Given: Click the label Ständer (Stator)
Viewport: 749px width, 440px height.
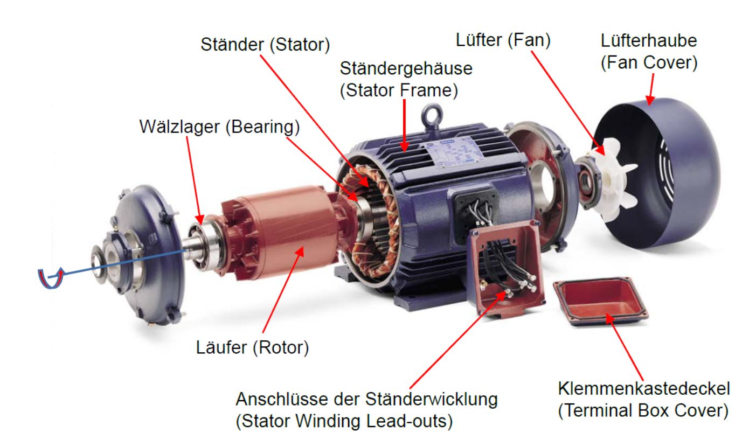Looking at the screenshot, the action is click(x=265, y=45).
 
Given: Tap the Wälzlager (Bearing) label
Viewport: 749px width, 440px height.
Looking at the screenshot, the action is click(x=219, y=127).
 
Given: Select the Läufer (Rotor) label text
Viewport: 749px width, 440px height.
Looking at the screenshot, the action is click(x=252, y=348).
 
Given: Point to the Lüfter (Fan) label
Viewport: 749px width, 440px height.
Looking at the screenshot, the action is click(x=503, y=40).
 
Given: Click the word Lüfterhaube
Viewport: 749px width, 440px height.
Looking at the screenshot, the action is click(x=649, y=41).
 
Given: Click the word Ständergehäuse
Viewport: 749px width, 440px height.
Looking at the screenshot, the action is click(x=406, y=69).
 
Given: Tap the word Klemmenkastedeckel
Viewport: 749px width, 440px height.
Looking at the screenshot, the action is click(x=644, y=388).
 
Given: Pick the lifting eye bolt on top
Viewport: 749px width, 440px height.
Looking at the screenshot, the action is click(x=432, y=117).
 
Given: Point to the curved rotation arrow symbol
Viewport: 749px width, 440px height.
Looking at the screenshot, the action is click(x=50, y=278).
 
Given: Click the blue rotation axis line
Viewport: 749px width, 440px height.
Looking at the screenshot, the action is click(x=117, y=263).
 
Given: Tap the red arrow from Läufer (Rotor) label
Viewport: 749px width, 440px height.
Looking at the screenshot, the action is click(x=283, y=290).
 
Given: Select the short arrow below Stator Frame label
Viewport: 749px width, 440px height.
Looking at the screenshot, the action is click(x=404, y=125).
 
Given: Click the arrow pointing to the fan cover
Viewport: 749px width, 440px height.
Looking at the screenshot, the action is click(x=651, y=89).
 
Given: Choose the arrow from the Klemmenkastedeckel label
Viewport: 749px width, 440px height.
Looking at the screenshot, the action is click(x=624, y=347).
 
